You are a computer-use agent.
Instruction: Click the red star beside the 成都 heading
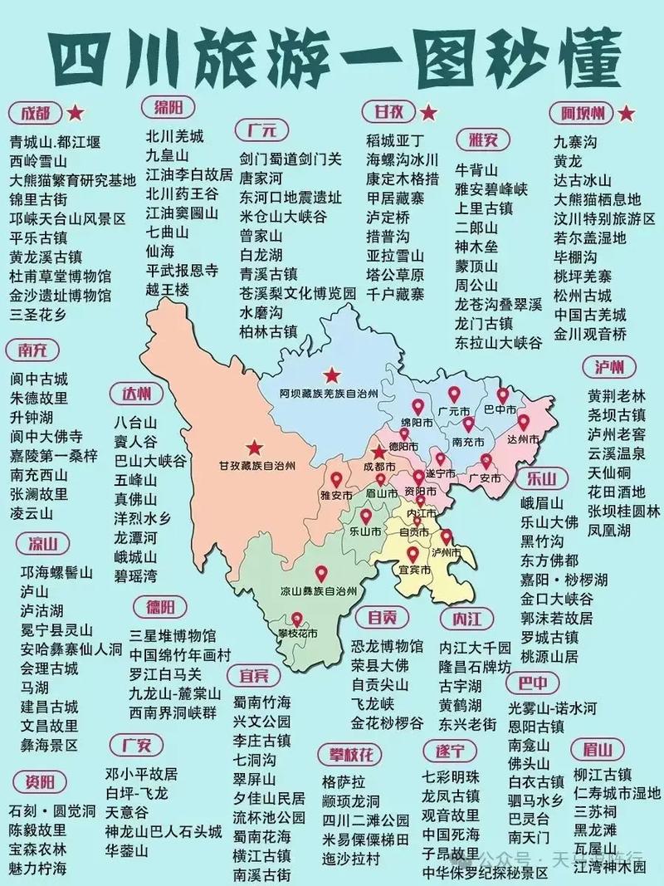(x=76, y=113)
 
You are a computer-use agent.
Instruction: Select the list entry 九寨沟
(x=575, y=141)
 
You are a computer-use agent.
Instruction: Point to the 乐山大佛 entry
(x=549, y=522)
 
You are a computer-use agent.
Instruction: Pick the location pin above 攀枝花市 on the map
(x=296, y=618)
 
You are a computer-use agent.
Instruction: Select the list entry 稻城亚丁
(x=395, y=140)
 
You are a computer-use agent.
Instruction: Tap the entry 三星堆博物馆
(x=172, y=636)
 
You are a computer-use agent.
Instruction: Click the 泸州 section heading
(x=608, y=366)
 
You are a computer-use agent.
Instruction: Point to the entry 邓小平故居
(x=141, y=773)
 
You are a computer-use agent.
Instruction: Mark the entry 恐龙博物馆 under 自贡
(x=386, y=645)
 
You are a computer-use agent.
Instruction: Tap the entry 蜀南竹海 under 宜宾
(x=261, y=701)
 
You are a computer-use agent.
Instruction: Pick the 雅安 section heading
(x=482, y=140)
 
